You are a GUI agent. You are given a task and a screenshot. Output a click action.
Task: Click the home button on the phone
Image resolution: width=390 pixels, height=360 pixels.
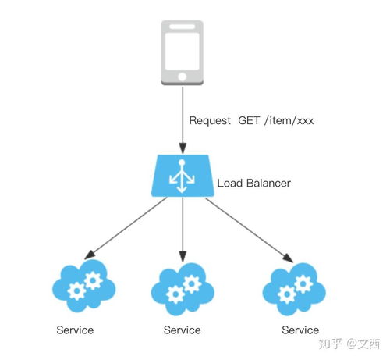point(182,77)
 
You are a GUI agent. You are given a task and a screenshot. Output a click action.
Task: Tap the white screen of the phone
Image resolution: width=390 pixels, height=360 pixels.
point(182,52)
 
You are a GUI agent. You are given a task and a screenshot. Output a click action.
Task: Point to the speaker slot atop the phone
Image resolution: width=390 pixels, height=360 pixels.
point(182,27)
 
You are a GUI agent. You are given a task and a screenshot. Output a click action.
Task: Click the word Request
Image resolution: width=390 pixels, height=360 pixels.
point(210,121)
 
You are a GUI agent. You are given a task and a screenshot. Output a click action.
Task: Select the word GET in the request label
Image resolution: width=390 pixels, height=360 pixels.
point(249,120)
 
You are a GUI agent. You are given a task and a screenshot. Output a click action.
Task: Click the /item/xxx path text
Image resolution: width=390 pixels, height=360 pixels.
point(289,120)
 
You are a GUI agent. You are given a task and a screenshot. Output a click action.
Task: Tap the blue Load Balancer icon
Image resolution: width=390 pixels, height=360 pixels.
point(183,176)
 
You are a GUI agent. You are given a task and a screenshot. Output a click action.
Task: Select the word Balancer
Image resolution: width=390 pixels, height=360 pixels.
point(268,183)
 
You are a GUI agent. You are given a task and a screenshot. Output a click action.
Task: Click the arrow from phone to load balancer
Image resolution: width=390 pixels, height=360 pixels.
point(183,119)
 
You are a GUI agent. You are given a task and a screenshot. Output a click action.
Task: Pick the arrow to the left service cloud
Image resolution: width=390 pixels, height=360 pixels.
point(126,228)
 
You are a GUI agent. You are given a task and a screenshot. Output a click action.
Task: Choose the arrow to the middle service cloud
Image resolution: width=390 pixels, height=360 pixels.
point(183,230)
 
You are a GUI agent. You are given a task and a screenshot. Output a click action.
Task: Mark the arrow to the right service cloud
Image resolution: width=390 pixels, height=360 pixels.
point(250,230)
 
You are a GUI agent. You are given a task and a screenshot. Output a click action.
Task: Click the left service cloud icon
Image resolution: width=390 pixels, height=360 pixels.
point(83,287)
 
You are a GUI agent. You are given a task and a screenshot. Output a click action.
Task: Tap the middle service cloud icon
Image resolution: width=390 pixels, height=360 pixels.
point(183,289)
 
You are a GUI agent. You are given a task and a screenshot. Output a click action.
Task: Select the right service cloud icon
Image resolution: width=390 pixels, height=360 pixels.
point(294,289)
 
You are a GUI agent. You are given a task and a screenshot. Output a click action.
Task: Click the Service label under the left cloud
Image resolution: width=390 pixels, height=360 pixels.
point(75,330)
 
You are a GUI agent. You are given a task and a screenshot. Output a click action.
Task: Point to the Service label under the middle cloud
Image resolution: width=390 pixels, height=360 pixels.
point(182,330)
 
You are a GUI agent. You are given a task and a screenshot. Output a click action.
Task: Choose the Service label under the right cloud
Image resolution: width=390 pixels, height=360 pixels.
point(300,330)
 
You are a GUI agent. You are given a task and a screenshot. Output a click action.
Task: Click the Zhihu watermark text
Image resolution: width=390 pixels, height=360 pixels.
point(349,344)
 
